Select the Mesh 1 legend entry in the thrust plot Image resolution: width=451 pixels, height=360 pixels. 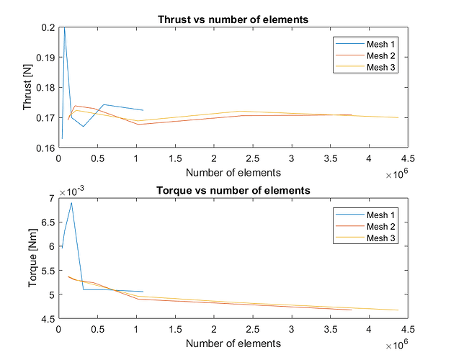coord(371,45)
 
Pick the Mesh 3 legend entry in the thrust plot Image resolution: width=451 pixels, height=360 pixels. coord(371,67)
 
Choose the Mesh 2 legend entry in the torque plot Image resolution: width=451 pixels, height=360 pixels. coord(371,227)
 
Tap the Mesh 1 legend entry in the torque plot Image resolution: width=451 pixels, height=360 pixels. coord(371,215)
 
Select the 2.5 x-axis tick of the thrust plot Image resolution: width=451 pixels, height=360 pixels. coord(252,158)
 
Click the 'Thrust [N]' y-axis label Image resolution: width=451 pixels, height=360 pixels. coord(28,87)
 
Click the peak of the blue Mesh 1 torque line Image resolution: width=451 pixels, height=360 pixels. coord(71,202)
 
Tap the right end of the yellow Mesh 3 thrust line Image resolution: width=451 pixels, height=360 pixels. coord(398,117)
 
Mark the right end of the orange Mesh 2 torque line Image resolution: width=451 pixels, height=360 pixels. coord(351,310)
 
